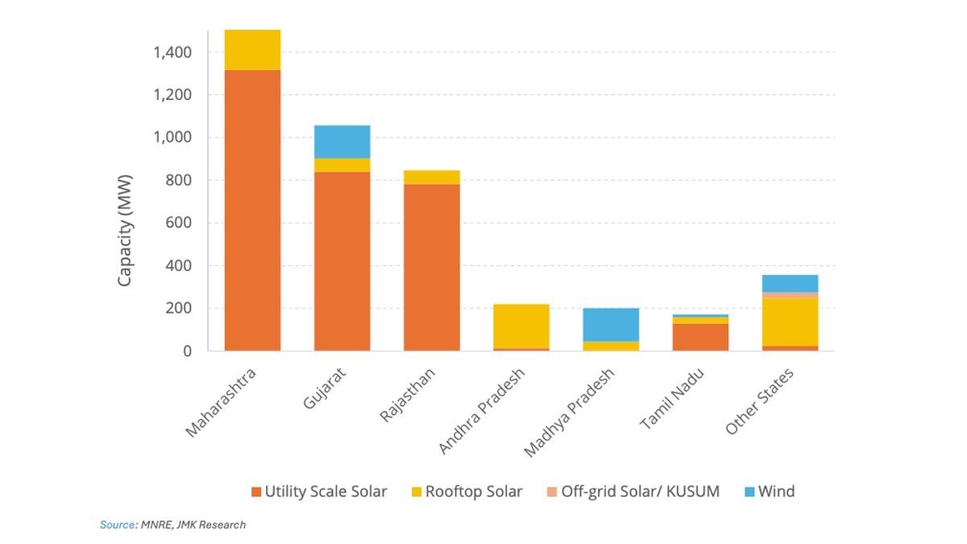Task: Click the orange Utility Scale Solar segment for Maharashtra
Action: pyautogui.click(x=252, y=210)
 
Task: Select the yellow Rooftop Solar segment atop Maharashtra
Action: pyautogui.click(x=252, y=50)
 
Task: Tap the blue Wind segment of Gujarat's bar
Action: pyautogui.click(x=342, y=142)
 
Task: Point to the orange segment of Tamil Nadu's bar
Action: pyautogui.click(x=700, y=337)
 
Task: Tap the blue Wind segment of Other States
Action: pyautogui.click(x=790, y=283)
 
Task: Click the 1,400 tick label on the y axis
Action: pyautogui.click(x=172, y=53)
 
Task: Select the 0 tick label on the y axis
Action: pyautogui.click(x=187, y=351)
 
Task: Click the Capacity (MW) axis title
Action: pyautogui.click(x=125, y=230)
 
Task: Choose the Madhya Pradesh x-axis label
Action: pyautogui.click(x=569, y=413)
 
